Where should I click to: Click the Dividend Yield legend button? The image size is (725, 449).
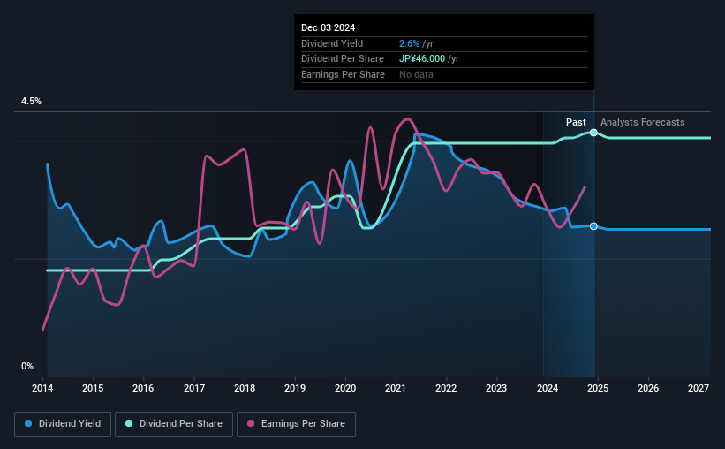pyautogui.click(x=63, y=424)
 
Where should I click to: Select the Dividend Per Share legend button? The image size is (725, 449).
pyautogui.click(x=175, y=424)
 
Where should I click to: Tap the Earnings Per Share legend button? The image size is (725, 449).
pyautogui.click(x=297, y=424)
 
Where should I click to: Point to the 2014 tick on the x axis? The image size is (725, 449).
pyautogui.click(x=43, y=389)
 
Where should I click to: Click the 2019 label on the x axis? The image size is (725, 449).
pyautogui.click(x=295, y=389)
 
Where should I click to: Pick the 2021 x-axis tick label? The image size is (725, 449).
pyautogui.click(x=396, y=389)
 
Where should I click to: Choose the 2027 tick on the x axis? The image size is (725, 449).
pyautogui.click(x=698, y=389)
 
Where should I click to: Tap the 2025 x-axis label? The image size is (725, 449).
pyautogui.click(x=597, y=389)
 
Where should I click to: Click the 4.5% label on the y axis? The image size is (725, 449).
pyautogui.click(x=32, y=102)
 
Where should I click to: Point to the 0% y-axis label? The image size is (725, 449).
pyautogui.click(x=27, y=366)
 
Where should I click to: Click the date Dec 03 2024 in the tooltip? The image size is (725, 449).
pyautogui.click(x=329, y=28)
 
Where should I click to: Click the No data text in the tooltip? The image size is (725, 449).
pyautogui.click(x=416, y=75)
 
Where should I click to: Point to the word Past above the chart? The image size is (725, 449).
pyautogui.click(x=577, y=122)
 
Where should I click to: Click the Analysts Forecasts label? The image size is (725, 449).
pyautogui.click(x=642, y=122)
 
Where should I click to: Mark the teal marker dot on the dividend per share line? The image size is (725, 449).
pyautogui.click(x=594, y=133)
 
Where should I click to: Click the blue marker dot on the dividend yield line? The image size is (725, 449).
pyautogui.click(x=594, y=226)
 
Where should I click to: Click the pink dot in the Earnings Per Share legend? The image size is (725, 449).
pyautogui.click(x=251, y=424)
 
